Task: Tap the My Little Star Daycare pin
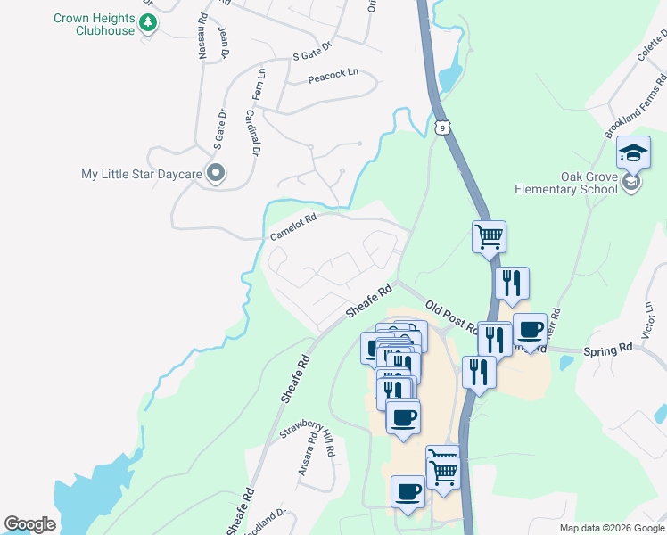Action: point(215,174)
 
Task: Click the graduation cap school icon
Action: point(633,153)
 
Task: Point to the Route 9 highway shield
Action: point(442,128)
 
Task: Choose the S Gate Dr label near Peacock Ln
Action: point(312,51)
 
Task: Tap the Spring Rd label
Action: point(607,350)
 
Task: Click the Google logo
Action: point(29,524)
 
